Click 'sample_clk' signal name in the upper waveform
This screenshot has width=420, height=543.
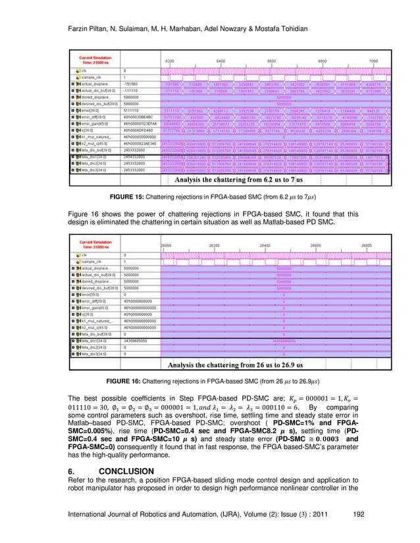94,77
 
